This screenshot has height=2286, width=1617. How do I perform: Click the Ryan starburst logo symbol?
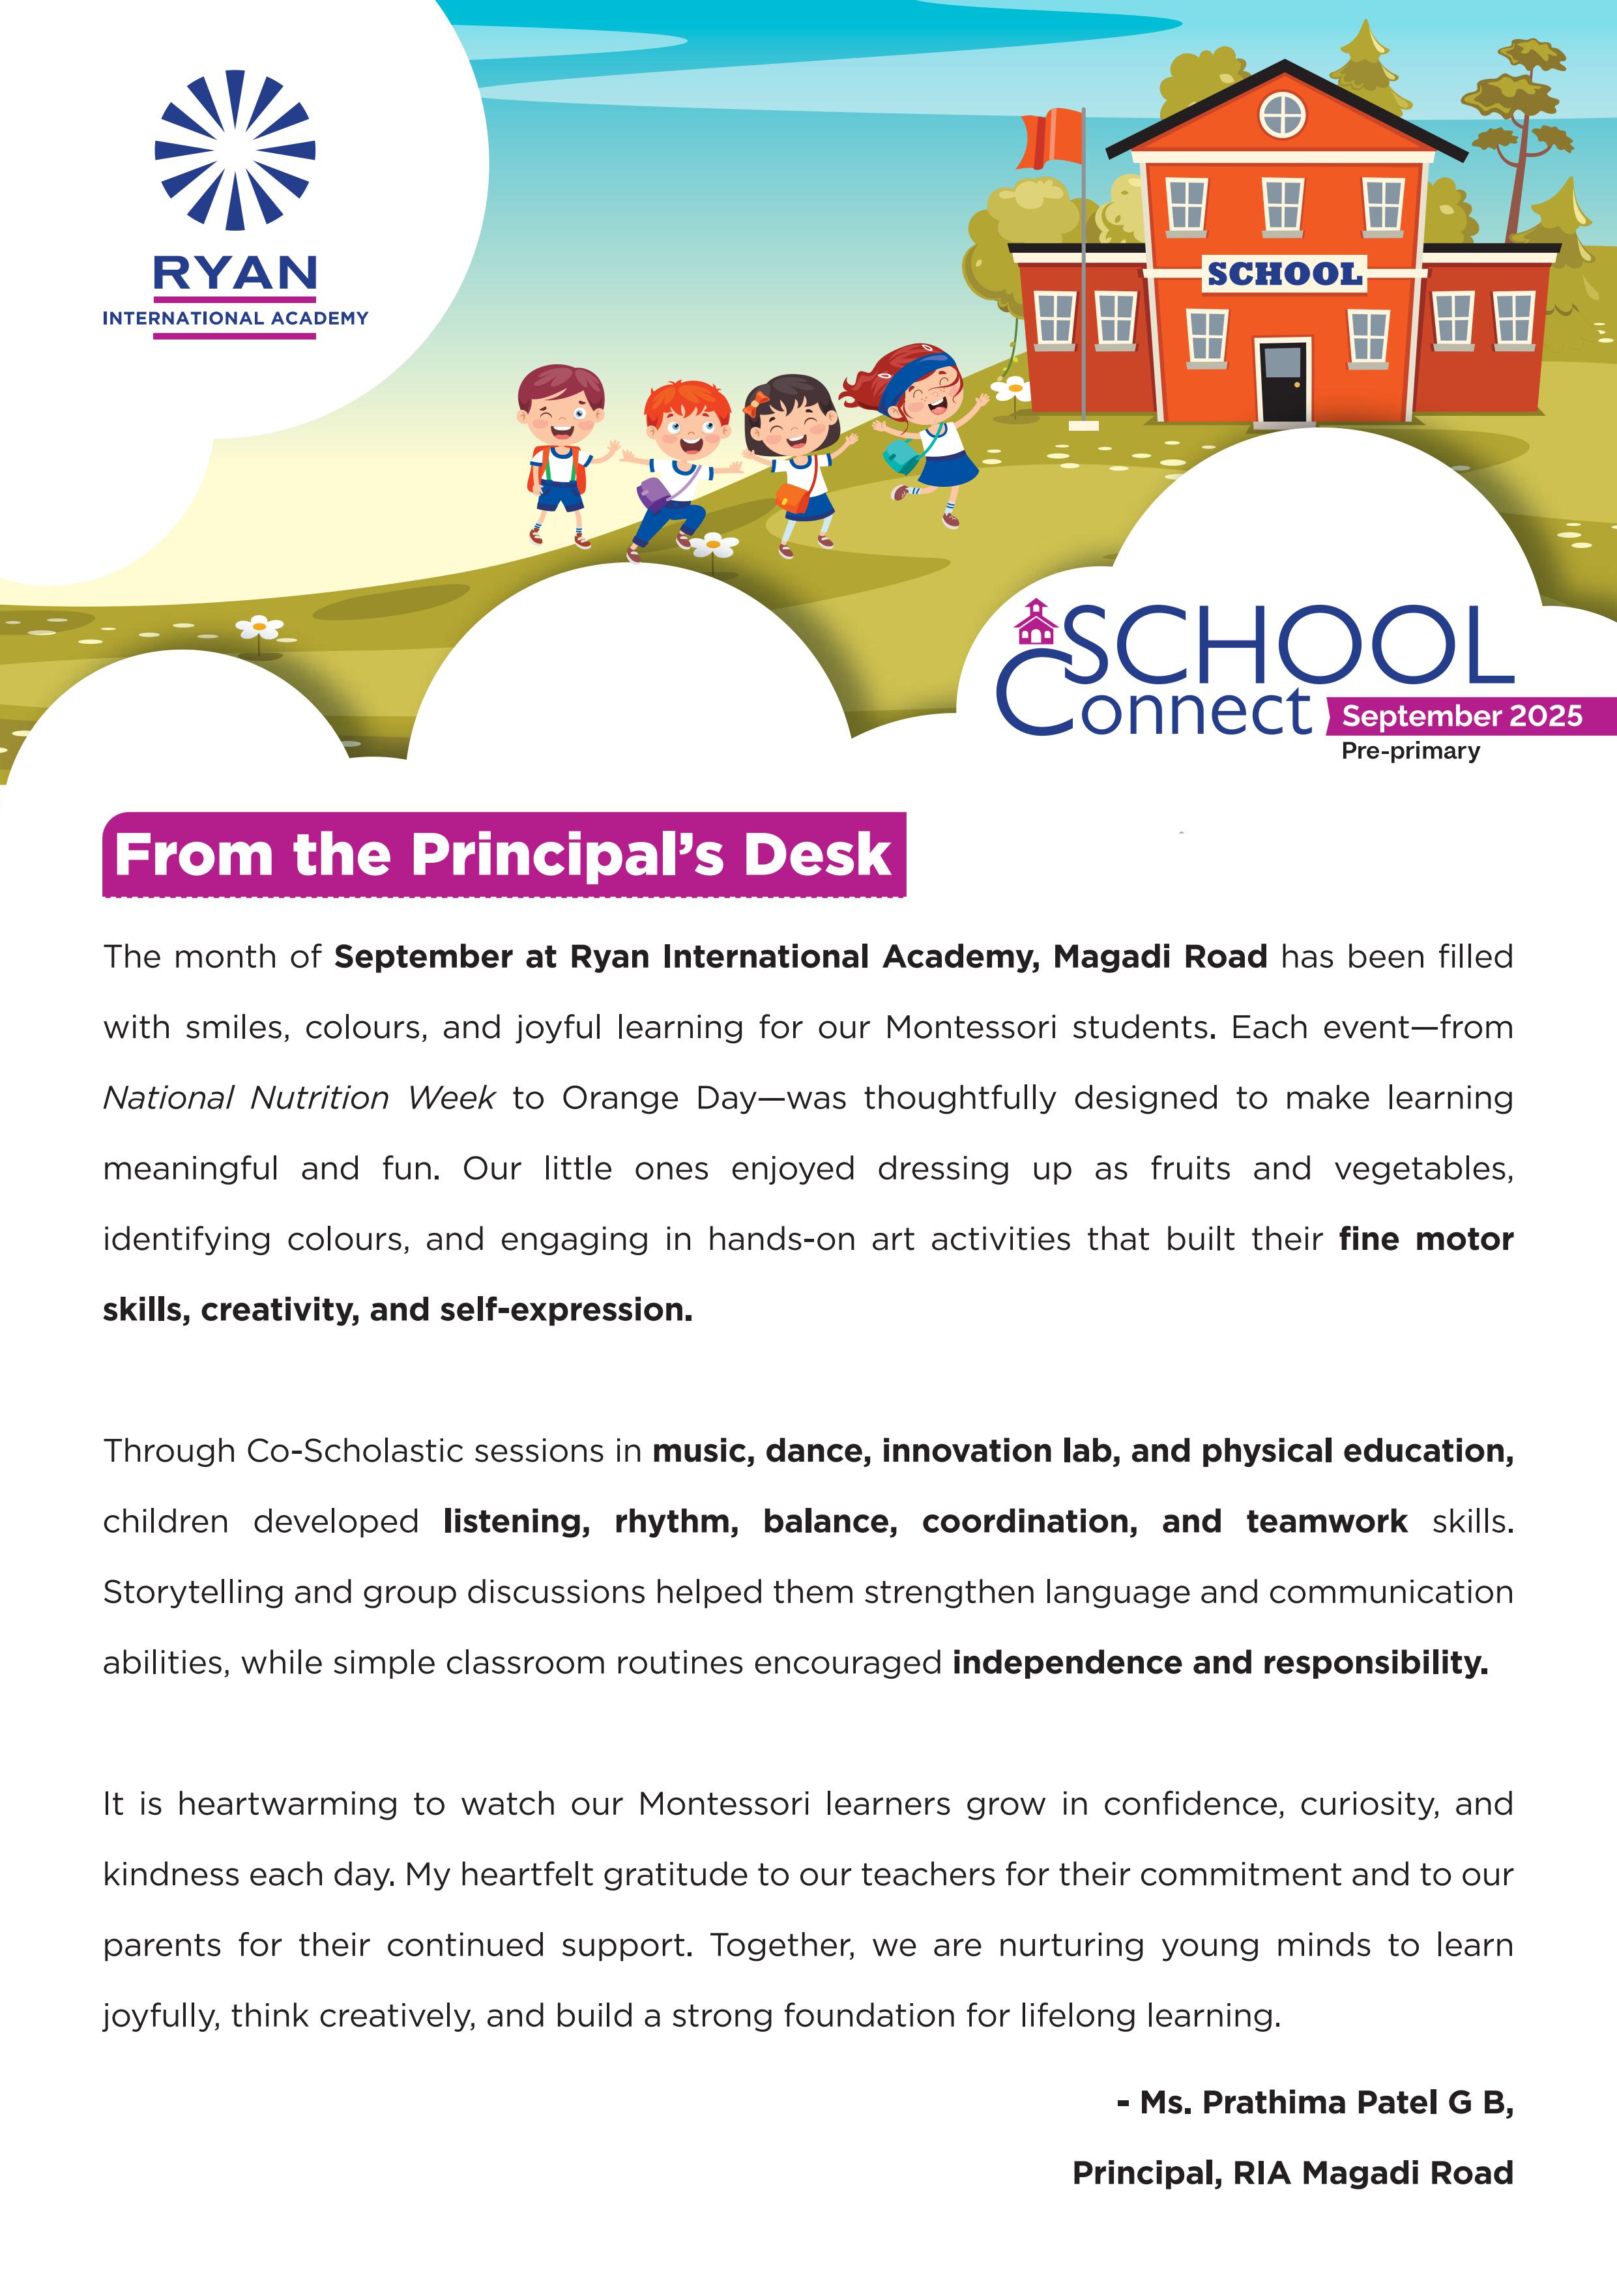point(235,149)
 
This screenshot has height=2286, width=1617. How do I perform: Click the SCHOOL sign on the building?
point(1283,274)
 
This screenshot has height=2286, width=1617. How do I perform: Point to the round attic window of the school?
point(1283,115)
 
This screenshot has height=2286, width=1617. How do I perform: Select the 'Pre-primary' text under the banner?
point(1410,751)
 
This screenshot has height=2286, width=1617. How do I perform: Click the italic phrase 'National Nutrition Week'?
point(299,1097)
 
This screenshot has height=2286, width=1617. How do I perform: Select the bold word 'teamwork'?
point(1326,1522)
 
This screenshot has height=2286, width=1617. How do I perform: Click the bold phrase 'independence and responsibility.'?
point(1219,1663)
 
